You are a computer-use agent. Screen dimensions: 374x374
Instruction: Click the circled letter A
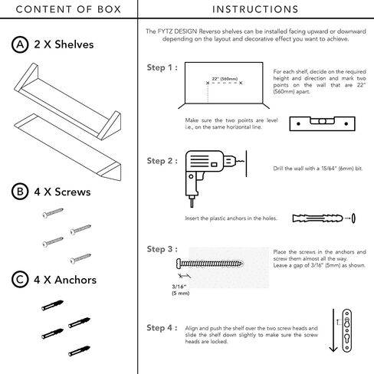click(20, 44)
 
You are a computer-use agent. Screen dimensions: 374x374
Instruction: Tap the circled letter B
click(20, 192)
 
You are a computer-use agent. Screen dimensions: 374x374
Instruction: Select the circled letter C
click(20, 280)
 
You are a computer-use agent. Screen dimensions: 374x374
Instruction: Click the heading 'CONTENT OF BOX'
click(68, 9)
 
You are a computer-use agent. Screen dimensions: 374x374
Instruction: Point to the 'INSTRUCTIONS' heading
click(255, 9)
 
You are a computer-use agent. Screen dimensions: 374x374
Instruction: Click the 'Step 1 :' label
click(162, 67)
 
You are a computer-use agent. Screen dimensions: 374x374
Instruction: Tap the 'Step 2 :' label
click(162, 161)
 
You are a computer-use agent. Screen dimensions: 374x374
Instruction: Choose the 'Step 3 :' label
click(162, 249)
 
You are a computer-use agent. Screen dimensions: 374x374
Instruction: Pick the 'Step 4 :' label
click(162, 328)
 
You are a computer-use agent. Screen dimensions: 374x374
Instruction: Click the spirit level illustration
click(322, 123)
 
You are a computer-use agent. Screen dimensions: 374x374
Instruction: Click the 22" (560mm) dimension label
click(225, 79)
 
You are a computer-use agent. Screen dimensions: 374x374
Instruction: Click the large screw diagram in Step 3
click(210, 264)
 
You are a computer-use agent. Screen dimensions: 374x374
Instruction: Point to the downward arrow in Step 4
click(333, 330)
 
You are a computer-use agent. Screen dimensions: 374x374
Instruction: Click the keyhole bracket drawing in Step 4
click(347, 330)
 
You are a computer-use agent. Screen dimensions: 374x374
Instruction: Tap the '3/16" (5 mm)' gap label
click(181, 290)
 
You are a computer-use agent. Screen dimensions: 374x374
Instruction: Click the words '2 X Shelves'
click(64, 44)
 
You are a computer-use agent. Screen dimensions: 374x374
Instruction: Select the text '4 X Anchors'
click(65, 280)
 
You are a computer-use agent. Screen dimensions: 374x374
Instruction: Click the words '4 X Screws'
click(62, 192)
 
